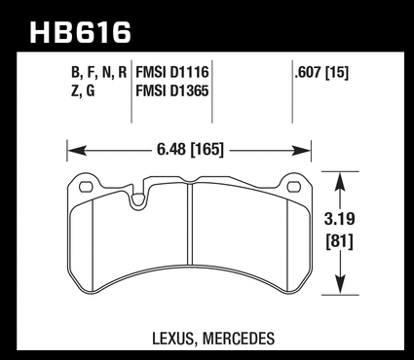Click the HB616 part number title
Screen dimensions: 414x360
[x=80, y=32]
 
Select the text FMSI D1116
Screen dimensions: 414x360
[x=172, y=72]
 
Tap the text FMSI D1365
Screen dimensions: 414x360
[x=172, y=90]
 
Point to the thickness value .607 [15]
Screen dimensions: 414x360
[x=321, y=73]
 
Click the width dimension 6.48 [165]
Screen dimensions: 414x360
[x=191, y=150]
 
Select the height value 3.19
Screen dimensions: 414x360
[x=340, y=219]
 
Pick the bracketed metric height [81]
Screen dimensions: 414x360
[x=340, y=242]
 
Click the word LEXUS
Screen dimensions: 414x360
[x=173, y=339]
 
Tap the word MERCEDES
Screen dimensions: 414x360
[x=239, y=339]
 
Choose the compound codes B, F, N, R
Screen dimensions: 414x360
[x=98, y=73]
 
